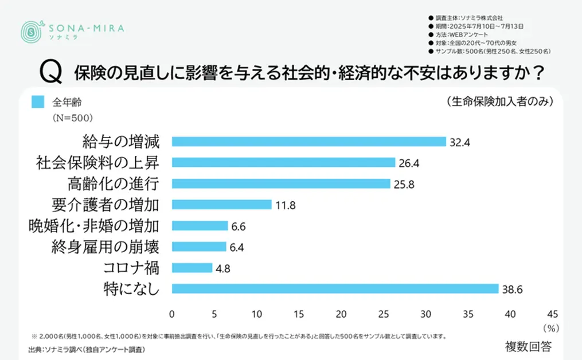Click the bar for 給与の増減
click(x=308, y=142)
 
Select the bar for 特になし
click(x=335, y=288)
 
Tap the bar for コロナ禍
click(x=192, y=268)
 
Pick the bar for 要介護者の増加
click(x=221, y=205)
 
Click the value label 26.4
click(x=409, y=163)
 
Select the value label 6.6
click(x=238, y=226)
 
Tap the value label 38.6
click(x=513, y=289)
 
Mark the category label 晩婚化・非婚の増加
click(x=93, y=226)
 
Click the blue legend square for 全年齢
click(x=38, y=103)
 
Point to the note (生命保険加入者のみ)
click(x=499, y=101)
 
